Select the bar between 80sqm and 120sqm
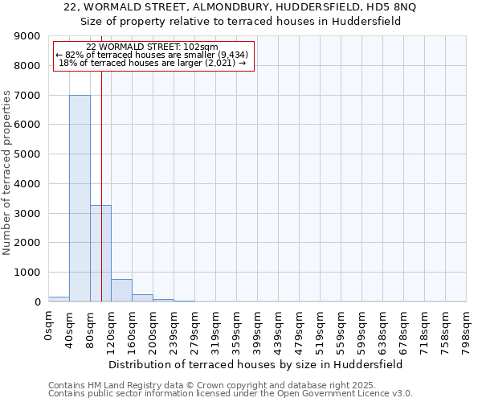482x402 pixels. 100,253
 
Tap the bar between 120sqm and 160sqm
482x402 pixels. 121,290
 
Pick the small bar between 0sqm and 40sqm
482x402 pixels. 59,299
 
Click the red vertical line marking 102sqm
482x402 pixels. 102,161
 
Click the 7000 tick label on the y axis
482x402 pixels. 27,95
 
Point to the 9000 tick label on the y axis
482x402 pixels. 27,36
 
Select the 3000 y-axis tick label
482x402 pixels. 27,213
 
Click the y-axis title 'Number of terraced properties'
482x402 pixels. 7,173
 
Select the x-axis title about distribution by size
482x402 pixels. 255,364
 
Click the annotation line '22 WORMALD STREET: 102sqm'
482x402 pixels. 152,47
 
